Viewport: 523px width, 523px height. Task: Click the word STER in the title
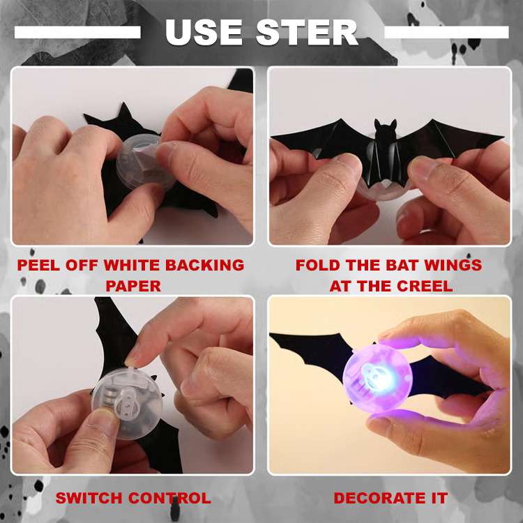[x=307, y=32]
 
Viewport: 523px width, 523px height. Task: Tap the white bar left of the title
[x=77, y=32]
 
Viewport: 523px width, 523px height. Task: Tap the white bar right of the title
[x=446, y=32]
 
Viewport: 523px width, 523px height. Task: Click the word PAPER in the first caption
[x=132, y=286]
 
